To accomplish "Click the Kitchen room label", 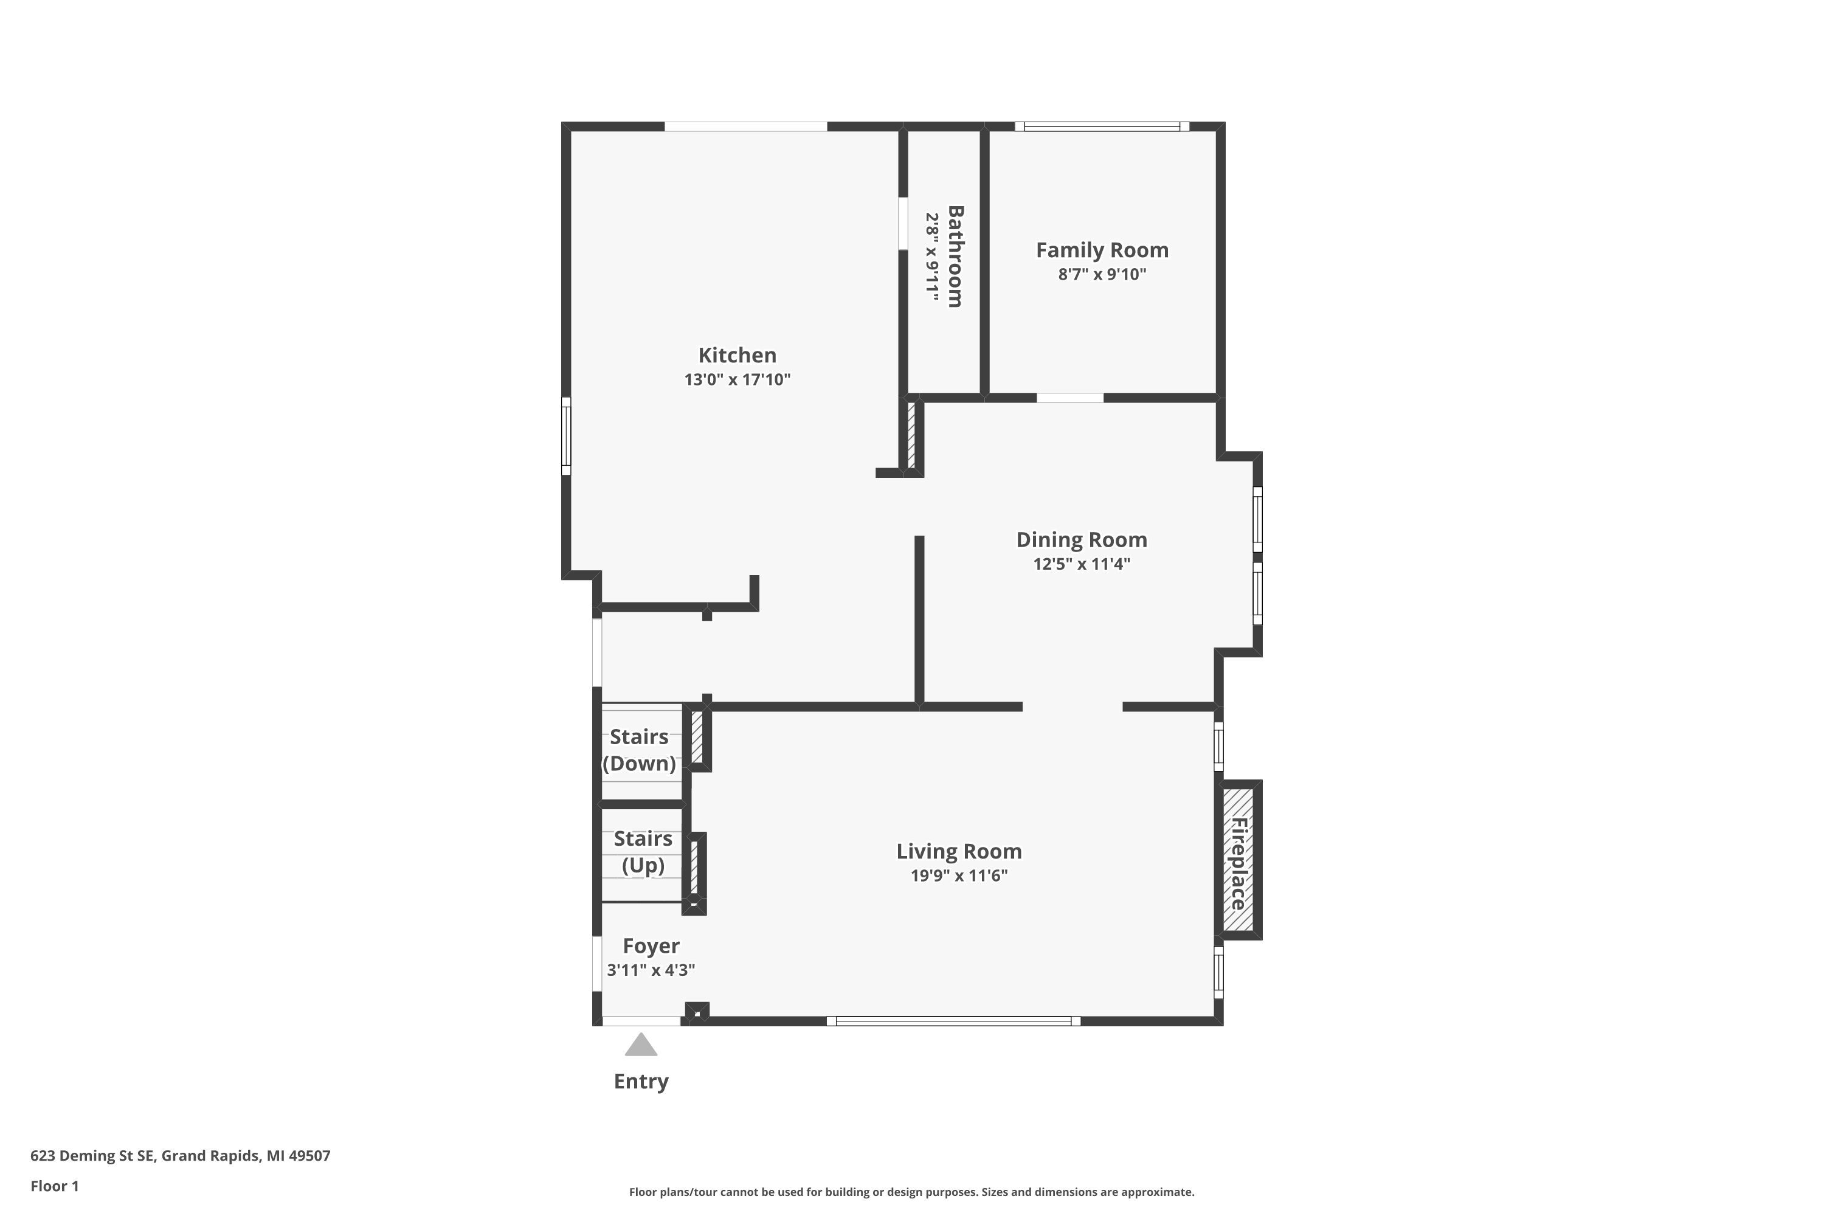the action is coord(737,355).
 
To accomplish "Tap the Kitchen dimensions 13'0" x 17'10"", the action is coord(737,379).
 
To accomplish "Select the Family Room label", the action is coord(1102,250).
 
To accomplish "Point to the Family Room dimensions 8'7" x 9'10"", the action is coord(1102,274).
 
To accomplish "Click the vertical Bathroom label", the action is coord(955,257).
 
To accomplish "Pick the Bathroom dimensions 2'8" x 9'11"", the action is coord(932,257).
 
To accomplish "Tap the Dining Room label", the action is coord(1081,540).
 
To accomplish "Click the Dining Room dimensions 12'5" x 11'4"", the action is coord(1081,564).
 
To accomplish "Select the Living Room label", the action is coord(959,852).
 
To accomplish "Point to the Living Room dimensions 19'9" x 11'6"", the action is coord(959,876).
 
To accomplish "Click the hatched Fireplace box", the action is coord(1238,860).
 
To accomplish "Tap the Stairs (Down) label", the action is coord(639,750).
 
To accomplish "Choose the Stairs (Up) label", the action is coord(643,852).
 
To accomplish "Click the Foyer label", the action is coord(651,946).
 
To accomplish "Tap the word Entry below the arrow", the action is coord(641,1081).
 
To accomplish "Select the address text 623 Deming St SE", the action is coord(92,1156).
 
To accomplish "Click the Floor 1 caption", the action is coord(54,1186).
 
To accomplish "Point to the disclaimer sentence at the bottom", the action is coord(911,1192).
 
